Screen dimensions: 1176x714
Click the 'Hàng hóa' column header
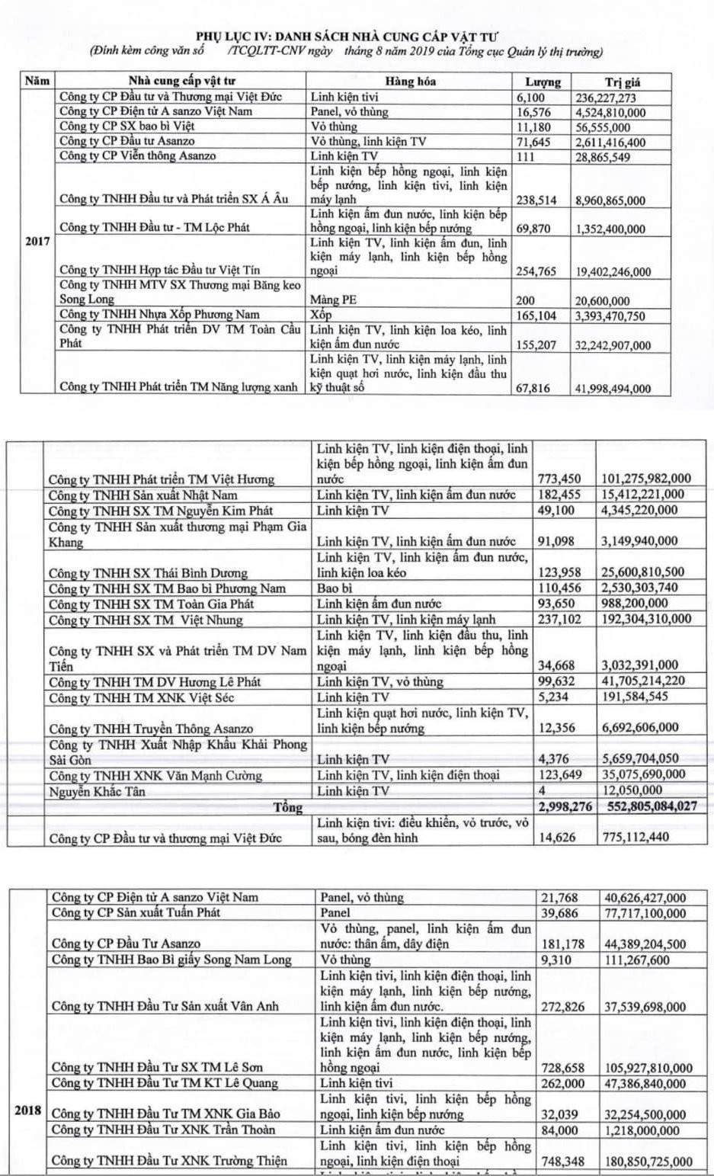coord(410,82)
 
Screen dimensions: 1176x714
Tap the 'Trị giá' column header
coord(622,82)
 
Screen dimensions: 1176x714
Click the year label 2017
coord(37,242)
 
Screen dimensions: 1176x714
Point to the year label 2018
coord(28,1110)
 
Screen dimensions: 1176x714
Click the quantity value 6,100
coord(530,98)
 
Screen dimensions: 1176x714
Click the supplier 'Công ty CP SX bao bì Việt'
coord(127,127)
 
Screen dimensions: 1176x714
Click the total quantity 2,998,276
coord(565,806)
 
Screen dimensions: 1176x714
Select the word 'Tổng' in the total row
coord(288,807)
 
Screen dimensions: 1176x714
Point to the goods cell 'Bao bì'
coord(335,588)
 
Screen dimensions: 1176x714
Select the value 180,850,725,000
coord(648,1162)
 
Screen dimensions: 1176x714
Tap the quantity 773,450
coord(559,479)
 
